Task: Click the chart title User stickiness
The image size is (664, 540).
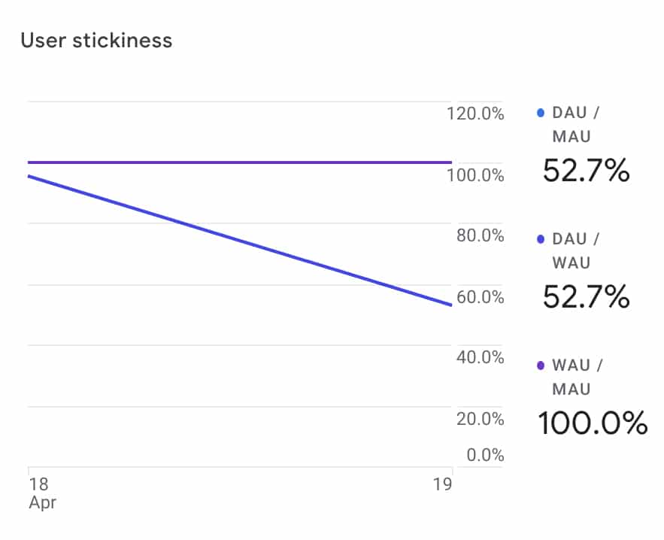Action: pyautogui.click(x=96, y=40)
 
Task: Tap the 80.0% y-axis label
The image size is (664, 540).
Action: pyautogui.click(x=480, y=236)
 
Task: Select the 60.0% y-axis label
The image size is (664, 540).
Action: pyautogui.click(x=480, y=297)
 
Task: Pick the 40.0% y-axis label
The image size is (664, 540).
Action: pyautogui.click(x=480, y=357)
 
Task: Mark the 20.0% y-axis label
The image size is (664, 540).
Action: pyautogui.click(x=480, y=419)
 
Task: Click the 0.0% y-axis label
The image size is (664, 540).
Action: pyautogui.click(x=484, y=455)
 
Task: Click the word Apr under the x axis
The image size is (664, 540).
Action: pyautogui.click(x=42, y=502)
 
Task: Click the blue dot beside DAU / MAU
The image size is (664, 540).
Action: pyautogui.click(x=541, y=114)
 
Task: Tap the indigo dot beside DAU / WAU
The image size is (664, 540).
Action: pyautogui.click(x=541, y=240)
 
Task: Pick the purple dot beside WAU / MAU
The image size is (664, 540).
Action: pyautogui.click(x=541, y=366)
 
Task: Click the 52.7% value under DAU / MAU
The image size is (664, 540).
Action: pyautogui.click(x=586, y=171)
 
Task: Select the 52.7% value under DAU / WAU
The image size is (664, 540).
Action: pyautogui.click(x=586, y=298)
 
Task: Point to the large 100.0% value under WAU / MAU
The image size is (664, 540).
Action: pyautogui.click(x=592, y=423)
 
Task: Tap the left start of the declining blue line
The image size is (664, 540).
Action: pyautogui.click(x=29, y=176)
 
